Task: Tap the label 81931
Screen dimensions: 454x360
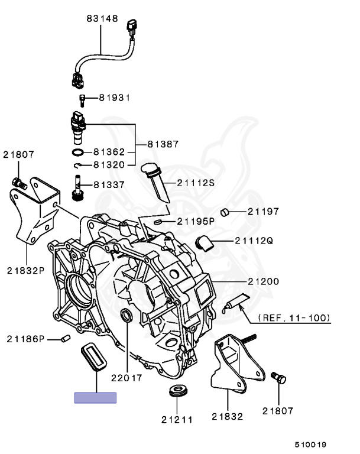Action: [114, 97]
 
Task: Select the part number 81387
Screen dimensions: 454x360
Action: [163, 144]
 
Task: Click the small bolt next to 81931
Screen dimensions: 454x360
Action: [82, 99]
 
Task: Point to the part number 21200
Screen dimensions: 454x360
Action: [263, 281]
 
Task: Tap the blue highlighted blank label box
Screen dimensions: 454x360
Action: [95, 398]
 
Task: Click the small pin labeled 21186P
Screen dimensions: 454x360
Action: [66, 338]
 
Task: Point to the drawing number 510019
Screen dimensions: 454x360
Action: [311, 444]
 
